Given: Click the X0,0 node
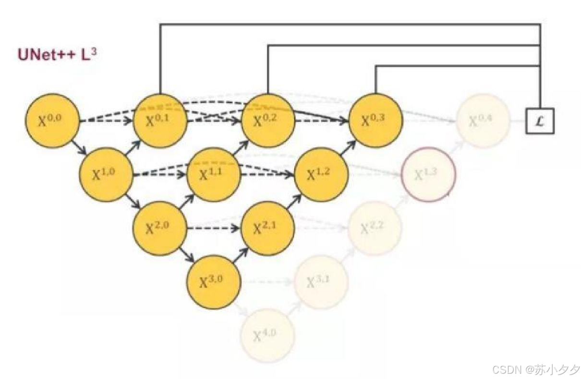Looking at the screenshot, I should click(x=52, y=120).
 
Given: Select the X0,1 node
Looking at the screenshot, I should click(x=160, y=120).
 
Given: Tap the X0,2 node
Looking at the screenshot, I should click(x=268, y=120).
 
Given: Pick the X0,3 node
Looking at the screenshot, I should click(x=375, y=120).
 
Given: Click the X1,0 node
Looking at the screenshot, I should click(x=106, y=174).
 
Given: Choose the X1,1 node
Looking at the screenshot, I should click(x=213, y=174).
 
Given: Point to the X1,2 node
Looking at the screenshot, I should click(x=321, y=174).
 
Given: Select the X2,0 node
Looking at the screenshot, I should click(x=160, y=228).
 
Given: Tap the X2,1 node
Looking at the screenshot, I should click(x=267, y=228).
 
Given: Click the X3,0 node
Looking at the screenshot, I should click(x=213, y=282).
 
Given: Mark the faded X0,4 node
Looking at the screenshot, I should click(x=482, y=120).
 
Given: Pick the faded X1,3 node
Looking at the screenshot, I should click(x=428, y=174).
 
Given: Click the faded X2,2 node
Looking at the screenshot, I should click(x=375, y=228).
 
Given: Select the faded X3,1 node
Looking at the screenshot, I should click(x=321, y=282).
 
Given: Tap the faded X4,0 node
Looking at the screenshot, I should click(x=267, y=336).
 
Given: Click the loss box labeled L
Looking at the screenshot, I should click(x=540, y=120).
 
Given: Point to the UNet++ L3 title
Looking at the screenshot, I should click(x=58, y=54).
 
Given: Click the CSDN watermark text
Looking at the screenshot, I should click(x=536, y=369).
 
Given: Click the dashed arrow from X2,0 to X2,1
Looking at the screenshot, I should click(x=214, y=228).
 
